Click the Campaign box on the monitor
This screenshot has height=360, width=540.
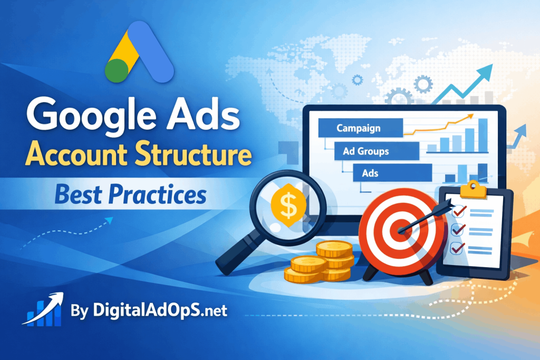(x=359, y=128)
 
